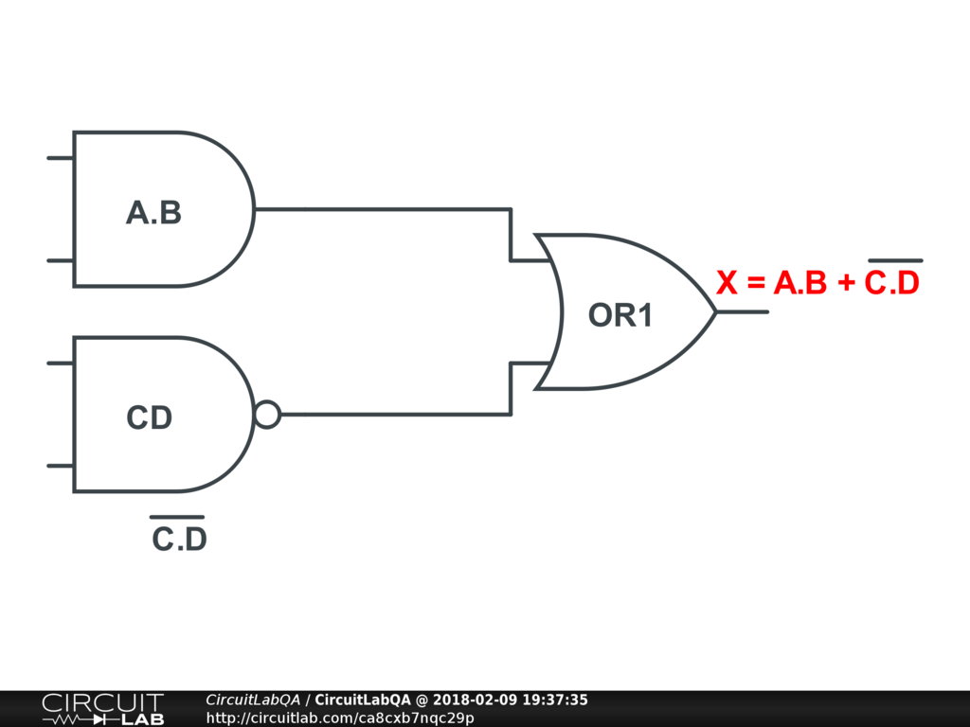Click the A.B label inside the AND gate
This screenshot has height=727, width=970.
tap(153, 213)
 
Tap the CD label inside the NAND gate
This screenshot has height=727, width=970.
tap(150, 417)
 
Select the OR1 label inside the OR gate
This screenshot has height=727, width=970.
tap(620, 315)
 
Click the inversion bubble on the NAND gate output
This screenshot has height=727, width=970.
tap(268, 415)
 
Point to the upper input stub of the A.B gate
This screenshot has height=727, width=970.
tap(61, 158)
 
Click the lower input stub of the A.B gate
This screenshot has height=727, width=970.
tap(61, 260)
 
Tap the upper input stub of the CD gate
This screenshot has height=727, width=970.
tap(61, 363)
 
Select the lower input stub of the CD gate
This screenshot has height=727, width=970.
tap(61, 466)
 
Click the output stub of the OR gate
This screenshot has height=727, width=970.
tap(743, 311)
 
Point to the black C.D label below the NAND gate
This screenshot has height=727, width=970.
tap(180, 541)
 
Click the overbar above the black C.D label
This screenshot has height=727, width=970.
tap(177, 517)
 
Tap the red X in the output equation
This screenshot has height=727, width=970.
tap(727, 283)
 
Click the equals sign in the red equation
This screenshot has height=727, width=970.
tap(755, 283)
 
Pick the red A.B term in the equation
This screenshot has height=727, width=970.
tap(800, 283)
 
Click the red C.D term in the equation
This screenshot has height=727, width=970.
tap(892, 283)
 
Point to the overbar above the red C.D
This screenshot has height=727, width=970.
tap(895, 260)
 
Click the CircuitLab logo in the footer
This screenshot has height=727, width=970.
tap(102, 709)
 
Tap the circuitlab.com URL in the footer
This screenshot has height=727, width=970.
tap(340, 718)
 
